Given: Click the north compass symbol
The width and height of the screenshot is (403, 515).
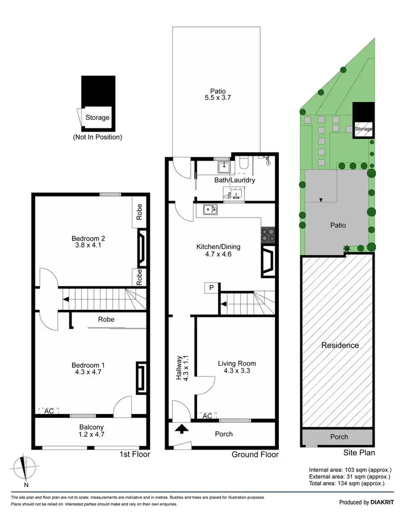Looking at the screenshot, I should pos(22,467).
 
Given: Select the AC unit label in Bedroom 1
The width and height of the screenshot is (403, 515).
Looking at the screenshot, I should pos(49,411).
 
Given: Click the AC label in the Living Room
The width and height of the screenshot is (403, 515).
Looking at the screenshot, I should pos(206,416).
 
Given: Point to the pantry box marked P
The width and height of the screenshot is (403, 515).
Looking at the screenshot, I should pos(211,288).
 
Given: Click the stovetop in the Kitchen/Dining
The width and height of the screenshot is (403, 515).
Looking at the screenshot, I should pos(268,235).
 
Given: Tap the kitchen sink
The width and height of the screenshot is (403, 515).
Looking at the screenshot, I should pos(210,209).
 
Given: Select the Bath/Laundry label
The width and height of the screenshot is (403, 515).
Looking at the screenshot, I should pos(234,180).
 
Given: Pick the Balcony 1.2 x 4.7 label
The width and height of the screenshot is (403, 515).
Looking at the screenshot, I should pos(88,432).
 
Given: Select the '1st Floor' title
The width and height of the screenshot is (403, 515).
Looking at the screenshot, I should pos(134,454).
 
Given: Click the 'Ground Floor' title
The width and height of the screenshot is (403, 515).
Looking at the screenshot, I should pos(255,454).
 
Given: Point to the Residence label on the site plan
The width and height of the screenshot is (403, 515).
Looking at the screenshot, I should pos(340,345).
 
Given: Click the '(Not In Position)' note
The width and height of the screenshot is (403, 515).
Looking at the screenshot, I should pos(97,137).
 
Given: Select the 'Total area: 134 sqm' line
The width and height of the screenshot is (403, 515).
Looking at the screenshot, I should pos(347,483).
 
